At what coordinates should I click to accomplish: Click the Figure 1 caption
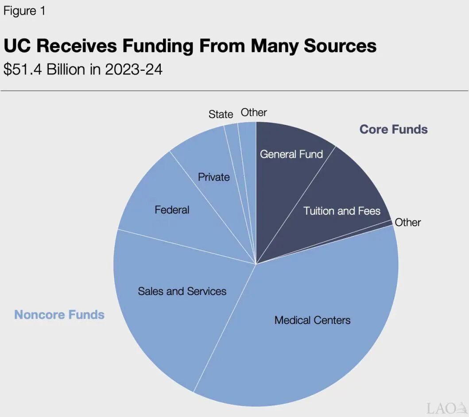pyautogui.click(x=24, y=11)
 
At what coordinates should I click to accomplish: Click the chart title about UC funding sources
pyautogui.click(x=190, y=46)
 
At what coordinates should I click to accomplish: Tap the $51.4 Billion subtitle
pyautogui.click(x=83, y=69)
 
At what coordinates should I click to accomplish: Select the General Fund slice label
pyautogui.click(x=291, y=154)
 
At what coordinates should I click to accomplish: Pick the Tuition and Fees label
pyautogui.click(x=341, y=211)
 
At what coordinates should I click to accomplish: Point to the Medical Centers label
pyautogui.click(x=312, y=320)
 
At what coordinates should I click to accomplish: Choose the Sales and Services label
pyautogui.click(x=182, y=291)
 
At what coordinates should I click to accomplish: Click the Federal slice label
pyautogui.click(x=172, y=209)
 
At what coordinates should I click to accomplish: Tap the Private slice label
pyautogui.click(x=213, y=177)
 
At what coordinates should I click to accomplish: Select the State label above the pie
pyautogui.click(x=221, y=114)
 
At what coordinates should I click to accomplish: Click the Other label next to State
pyautogui.click(x=254, y=112)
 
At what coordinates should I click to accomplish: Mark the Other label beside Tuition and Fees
pyautogui.click(x=407, y=222)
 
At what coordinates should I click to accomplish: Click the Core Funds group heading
pyautogui.click(x=393, y=129)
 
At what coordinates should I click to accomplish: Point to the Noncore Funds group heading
pyautogui.click(x=59, y=315)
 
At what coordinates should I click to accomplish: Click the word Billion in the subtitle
pyautogui.click(x=69, y=69)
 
